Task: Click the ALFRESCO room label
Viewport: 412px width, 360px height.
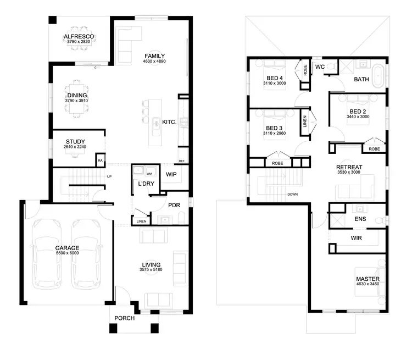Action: click(79, 37)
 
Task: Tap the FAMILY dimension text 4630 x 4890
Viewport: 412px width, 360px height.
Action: click(154, 62)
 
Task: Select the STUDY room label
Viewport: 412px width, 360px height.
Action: click(75, 142)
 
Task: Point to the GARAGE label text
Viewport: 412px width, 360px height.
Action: click(67, 248)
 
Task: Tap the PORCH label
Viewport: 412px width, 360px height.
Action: click(124, 318)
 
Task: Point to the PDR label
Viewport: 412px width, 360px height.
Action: click(175, 206)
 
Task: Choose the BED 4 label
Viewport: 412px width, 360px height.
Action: click(274, 79)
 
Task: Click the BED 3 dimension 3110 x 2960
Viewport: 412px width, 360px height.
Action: click(274, 134)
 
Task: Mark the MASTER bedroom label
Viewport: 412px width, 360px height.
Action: click(368, 279)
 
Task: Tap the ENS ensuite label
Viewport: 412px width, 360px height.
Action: click(361, 219)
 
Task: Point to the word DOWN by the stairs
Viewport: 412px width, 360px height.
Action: click(292, 195)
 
